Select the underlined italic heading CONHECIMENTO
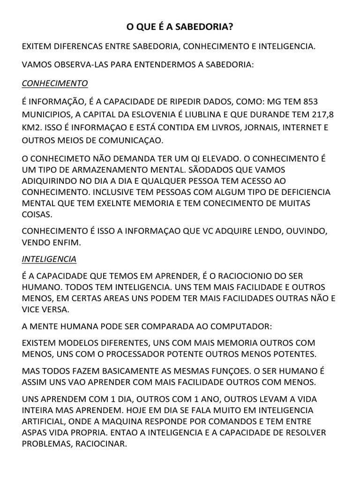coord(55,83)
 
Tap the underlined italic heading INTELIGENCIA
coord(49,259)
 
